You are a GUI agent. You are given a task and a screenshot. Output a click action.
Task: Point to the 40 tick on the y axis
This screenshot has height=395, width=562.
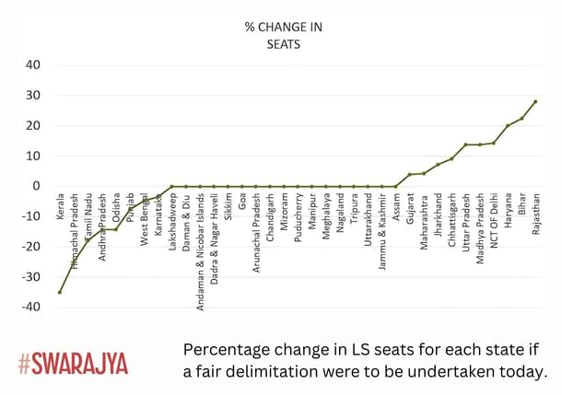click(x=32, y=64)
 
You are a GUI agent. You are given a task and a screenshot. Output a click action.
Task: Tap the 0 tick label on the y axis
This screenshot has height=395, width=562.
click(x=37, y=186)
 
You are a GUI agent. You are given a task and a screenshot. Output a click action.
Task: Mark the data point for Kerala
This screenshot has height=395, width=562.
click(x=60, y=292)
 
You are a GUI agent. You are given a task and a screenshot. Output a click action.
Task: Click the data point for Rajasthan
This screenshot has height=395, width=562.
click(x=535, y=101)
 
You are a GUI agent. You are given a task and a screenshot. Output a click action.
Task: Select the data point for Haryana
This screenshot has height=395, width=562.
click(x=508, y=125)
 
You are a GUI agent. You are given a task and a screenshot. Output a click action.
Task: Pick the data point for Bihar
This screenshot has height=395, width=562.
click(x=521, y=118)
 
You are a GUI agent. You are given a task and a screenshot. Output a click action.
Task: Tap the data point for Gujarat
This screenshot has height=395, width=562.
click(x=409, y=174)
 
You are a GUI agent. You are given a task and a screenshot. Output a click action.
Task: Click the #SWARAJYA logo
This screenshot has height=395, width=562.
click(x=73, y=363)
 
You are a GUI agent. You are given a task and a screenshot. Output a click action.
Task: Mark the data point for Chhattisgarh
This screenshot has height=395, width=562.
click(x=451, y=158)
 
